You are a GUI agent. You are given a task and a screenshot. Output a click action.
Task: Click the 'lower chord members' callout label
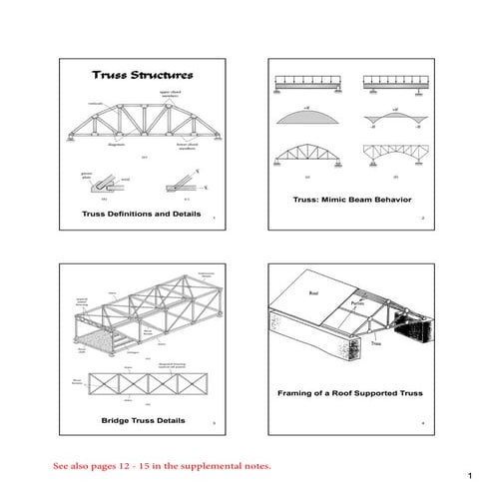(x=193, y=147)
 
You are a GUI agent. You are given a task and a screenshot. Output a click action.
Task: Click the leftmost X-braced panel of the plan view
(x=103, y=385)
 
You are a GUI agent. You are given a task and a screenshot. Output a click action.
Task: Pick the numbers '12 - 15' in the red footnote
(x=137, y=465)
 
